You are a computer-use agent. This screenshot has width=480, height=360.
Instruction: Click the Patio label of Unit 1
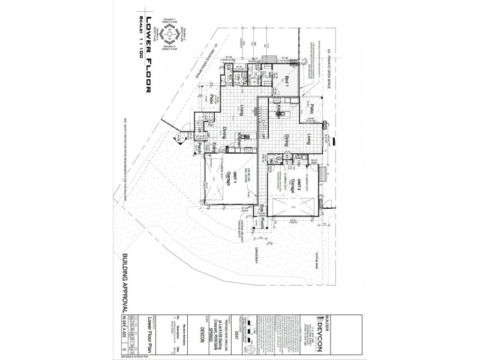tap(212, 99)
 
